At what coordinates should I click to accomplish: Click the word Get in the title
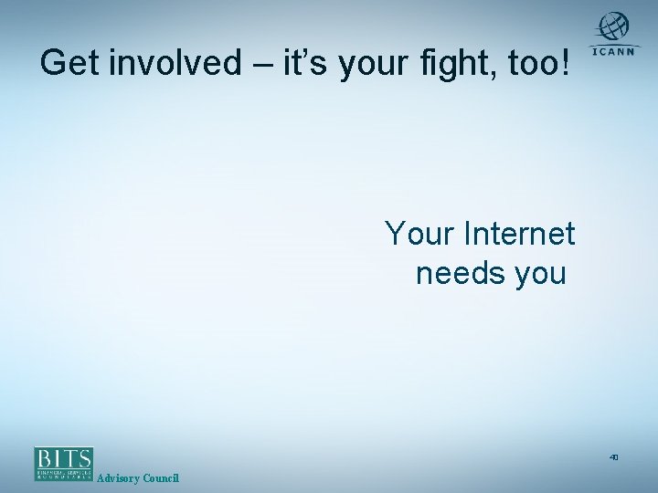(x=71, y=63)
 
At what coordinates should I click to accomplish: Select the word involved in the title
(x=173, y=63)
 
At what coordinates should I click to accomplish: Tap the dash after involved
(x=255, y=64)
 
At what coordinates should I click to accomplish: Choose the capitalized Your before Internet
(x=421, y=235)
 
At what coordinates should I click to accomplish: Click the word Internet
(x=519, y=235)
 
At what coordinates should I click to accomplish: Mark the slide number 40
(x=614, y=456)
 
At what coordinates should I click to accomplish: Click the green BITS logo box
(x=64, y=464)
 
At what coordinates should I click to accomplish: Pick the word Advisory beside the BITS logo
(x=119, y=479)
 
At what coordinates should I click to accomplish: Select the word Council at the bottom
(x=162, y=479)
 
